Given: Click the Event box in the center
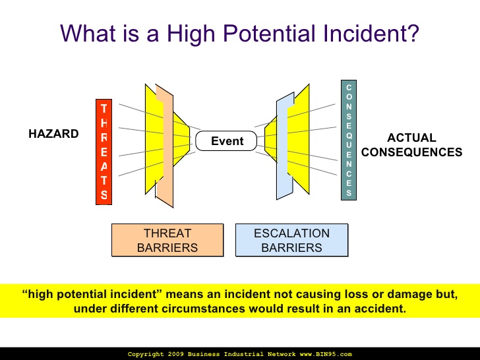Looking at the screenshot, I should click(x=227, y=141).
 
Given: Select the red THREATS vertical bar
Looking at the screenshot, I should click(x=104, y=152).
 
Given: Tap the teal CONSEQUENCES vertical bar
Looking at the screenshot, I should click(x=349, y=140).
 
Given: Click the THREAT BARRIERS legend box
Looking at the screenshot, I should click(x=167, y=240).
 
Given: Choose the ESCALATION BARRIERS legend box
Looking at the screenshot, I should click(x=291, y=240).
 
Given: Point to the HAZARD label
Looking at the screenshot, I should click(x=53, y=134).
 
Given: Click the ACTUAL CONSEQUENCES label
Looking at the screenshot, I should click(x=411, y=145).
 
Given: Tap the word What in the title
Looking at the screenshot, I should click(x=87, y=34).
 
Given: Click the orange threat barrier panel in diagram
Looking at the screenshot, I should click(x=164, y=142).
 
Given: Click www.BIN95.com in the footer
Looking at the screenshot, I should click(x=326, y=354).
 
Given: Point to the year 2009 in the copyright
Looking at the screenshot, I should click(x=174, y=354).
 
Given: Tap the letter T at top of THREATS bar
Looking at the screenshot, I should click(x=103, y=109).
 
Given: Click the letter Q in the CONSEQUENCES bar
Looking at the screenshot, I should click(x=349, y=135).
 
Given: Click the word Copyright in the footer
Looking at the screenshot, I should click(x=144, y=354).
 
